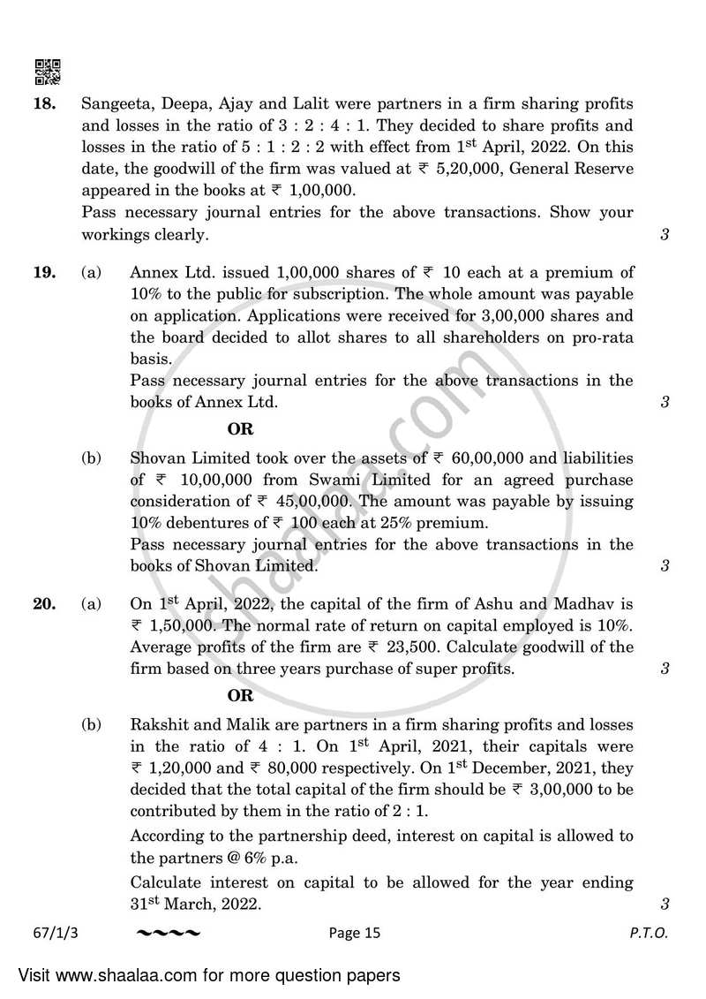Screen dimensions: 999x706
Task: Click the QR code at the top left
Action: pyautogui.click(x=47, y=72)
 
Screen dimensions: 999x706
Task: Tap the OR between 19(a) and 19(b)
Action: pyautogui.click(x=240, y=429)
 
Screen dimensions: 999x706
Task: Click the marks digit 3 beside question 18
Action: pyautogui.click(x=663, y=235)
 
